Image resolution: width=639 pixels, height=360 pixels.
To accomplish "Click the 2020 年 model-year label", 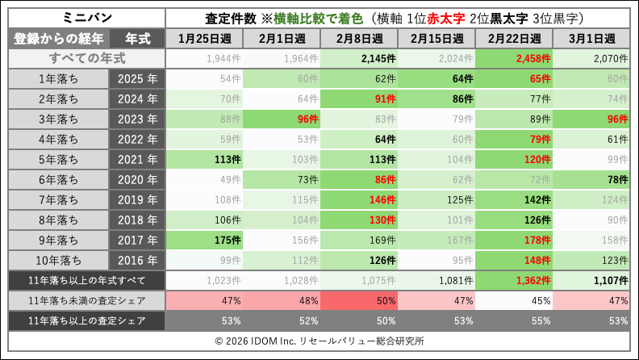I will pyautogui.click(x=136, y=179).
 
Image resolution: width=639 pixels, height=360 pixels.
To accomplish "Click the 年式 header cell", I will pyautogui.click(x=136, y=39).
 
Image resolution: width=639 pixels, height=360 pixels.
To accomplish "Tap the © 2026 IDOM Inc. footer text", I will pyautogui.click(x=319, y=341).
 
